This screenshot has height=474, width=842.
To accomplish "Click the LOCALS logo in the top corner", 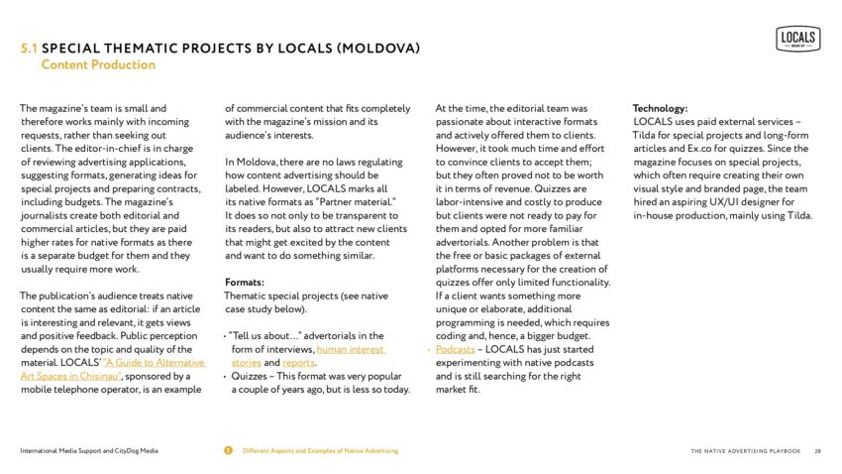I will coord(797,39).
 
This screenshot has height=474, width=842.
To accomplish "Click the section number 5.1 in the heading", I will coord(31,49).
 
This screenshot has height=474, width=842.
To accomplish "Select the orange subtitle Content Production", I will coord(98,65).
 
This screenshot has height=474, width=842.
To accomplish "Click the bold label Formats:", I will coord(245,282).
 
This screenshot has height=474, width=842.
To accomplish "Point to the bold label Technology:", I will coord(660,108).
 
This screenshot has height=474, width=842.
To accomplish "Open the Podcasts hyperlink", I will coord(456,350).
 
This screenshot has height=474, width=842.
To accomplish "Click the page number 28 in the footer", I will coord(818,451).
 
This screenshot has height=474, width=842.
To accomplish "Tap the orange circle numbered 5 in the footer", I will coord(229,451).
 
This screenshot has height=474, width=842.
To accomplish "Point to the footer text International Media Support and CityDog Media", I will coord(87,451).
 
